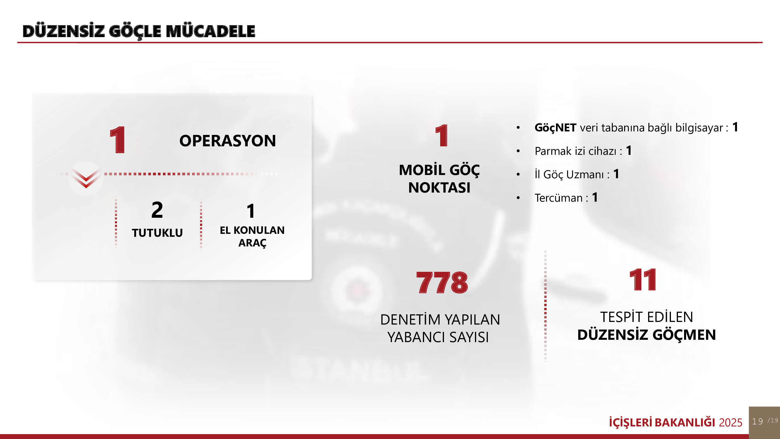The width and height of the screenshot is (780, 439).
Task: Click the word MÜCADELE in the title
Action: click(x=211, y=31)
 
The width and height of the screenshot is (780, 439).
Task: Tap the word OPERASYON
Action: click(x=228, y=141)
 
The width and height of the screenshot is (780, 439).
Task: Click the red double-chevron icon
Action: click(x=86, y=179)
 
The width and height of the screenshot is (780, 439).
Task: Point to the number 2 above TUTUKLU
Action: click(x=157, y=210)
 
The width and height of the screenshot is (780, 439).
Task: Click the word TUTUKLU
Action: click(x=157, y=233)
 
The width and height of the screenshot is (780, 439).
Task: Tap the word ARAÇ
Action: click(x=252, y=243)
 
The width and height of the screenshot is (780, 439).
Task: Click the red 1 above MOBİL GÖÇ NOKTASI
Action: click(x=442, y=136)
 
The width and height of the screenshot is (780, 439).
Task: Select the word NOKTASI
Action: click(x=439, y=188)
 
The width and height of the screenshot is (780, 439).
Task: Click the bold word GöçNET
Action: click(x=555, y=128)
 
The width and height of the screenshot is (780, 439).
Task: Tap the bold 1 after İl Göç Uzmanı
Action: click(x=616, y=174)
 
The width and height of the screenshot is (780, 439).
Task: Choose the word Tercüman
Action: click(x=559, y=198)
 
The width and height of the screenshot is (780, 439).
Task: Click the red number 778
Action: click(x=442, y=283)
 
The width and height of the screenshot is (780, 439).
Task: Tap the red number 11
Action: click(x=643, y=280)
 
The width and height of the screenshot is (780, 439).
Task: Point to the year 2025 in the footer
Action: click(x=731, y=422)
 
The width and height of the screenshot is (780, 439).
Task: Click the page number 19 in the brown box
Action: click(x=757, y=421)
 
